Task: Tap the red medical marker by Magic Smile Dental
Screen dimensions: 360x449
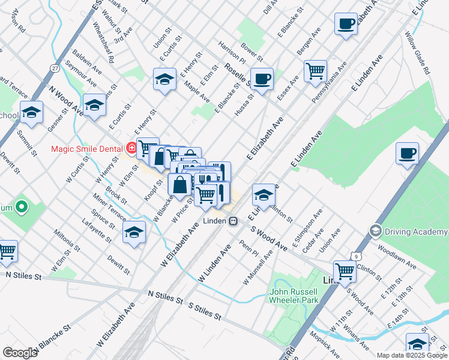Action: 131,148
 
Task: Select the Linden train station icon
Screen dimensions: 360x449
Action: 232,221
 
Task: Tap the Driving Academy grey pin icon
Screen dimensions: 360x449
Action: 376,230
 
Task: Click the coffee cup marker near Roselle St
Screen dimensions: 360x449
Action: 262,79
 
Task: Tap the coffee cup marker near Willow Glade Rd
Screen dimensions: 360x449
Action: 407,153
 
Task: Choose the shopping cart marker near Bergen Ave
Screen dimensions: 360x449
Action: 315,71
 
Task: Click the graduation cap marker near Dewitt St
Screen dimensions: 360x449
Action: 134,232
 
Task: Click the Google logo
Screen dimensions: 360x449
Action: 20,353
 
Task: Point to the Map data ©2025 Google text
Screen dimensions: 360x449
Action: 412,355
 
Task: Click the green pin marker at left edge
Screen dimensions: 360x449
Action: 22,208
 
